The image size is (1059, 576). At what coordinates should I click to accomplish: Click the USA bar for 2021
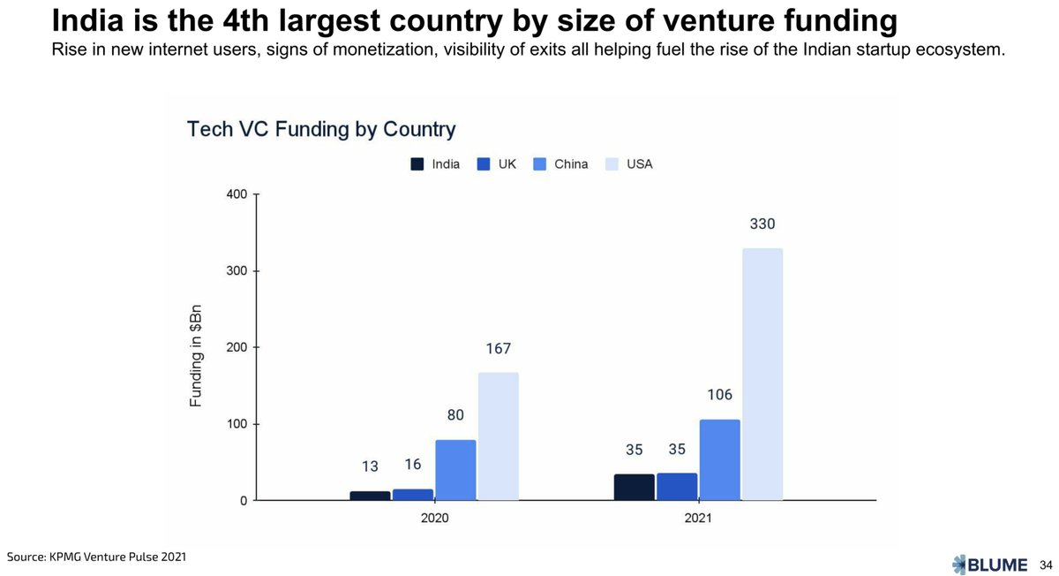click(762, 375)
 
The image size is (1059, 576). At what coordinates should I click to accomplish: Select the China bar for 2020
click(455, 470)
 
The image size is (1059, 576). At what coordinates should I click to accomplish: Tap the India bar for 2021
click(635, 488)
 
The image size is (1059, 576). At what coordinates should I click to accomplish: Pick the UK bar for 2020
click(413, 495)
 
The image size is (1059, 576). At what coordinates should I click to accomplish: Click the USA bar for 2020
click(498, 436)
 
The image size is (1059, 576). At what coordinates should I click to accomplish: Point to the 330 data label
click(762, 224)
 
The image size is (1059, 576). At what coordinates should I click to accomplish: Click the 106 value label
click(719, 395)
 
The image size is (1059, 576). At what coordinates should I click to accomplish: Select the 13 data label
click(371, 466)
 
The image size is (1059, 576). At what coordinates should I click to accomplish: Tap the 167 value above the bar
click(498, 349)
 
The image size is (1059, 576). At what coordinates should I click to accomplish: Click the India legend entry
click(435, 164)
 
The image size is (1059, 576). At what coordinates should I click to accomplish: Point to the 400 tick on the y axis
click(238, 193)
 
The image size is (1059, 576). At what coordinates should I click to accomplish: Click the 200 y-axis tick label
click(238, 347)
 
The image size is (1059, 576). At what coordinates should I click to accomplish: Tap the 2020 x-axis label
click(434, 519)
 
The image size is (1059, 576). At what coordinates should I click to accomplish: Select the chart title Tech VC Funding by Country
click(321, 130)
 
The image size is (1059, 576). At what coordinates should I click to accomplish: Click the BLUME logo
click(990, 565)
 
